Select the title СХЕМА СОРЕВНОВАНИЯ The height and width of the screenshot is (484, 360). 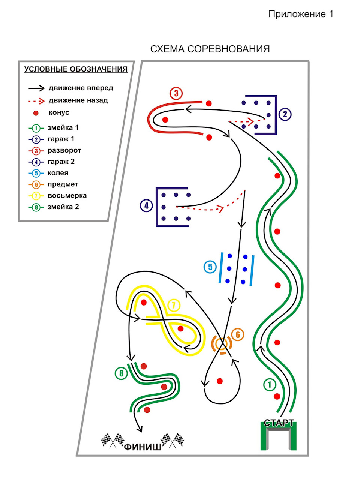pyautogui.click(x=210, y=49)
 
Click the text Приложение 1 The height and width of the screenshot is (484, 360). pyautogui.click(x=301, y=14)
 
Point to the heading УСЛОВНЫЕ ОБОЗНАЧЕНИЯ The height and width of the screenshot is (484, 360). pyautogui.click(x=76, y=69)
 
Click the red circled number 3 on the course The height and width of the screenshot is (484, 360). pyautogui.click(x=176, y=94)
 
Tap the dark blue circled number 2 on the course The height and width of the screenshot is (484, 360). pyautogui.click(x=285, y=114)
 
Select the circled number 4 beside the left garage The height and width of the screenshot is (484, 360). pyautogui.click(x=146, y=206)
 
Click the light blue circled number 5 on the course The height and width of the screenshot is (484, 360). pyautogui.click(x=210, y=267)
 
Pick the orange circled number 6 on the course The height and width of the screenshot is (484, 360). pyautogui.click(x=238, y=334)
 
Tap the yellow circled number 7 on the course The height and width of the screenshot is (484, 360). pyautogui.click(x=174, y=305)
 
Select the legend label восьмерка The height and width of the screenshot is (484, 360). pyautogui.click(x=67, y=196)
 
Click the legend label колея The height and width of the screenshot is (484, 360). pyautogui.click(x=58, y=173)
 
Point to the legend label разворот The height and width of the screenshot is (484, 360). pyautogui.click(x=64, y=151)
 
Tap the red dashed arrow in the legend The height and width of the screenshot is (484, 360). pyautogui.click(x=36, y=101)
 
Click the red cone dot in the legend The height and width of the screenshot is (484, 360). pyautogui.click(x=36, y=113)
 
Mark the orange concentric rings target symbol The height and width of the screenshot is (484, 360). pyautogui.click(x=222, y=344)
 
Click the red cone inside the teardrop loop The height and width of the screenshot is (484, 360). pyautogui.click(x=220, y=381)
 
